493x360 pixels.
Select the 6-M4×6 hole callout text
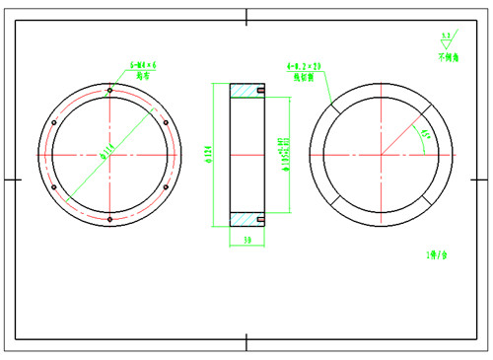pyautogui.click(x=143, y=66)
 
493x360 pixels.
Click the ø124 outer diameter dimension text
pyautogui.click(x=208, y=154)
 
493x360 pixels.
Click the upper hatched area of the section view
pyautogui.click(x=246, y=92)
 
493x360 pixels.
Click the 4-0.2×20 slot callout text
pyautogui.click(x=305, y=66)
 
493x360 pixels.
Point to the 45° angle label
pyautogui.click(x=425, y=134)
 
